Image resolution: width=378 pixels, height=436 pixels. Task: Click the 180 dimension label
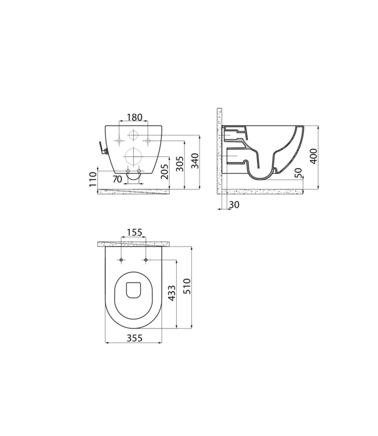tap(133, 117)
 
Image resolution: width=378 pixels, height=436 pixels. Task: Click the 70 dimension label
tap(117, 180)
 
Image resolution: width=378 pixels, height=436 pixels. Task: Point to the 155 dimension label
tap(134, 233)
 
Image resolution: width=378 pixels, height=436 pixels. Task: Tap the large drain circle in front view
tap(133, 157)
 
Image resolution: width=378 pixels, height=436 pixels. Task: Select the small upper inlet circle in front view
tap(133, 135)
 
